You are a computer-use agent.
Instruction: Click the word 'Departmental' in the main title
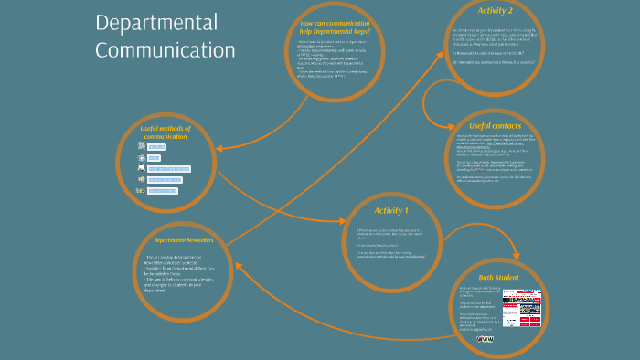pyautogui.click(x=156, y=23)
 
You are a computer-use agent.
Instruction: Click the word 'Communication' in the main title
pyautogui.click(x=165, y=50)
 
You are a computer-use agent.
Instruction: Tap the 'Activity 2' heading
pyautogui.click(x=496, y=11)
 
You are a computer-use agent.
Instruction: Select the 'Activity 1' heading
pyautogui.click(x=391, y=211)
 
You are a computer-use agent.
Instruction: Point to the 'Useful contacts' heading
pyautogui.click(x=493, y=125)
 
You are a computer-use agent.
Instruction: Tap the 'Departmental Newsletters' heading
pyautogui.click(x=183, y=240)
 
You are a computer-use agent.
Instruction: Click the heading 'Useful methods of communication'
pyautogui.click(x=165, y=132)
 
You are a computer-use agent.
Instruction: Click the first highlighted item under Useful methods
pyautogui.click(x=156, y=147)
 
